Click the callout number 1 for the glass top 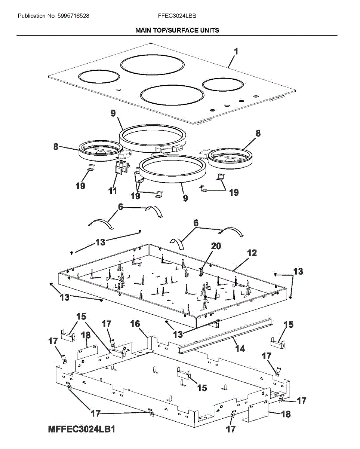coord(236,51)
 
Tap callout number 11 coord(112,191)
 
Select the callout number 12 coord(252,253)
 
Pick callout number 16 coord(135,324)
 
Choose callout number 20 coord(216,246)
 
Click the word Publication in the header coord(32,16)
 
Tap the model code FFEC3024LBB coord(177,16)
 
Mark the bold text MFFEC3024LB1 coord(81,429)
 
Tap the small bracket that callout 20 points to coord(201,272)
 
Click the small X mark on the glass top coord(119,90)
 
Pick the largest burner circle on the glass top coord(153,64)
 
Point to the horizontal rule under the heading coord(177,36)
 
